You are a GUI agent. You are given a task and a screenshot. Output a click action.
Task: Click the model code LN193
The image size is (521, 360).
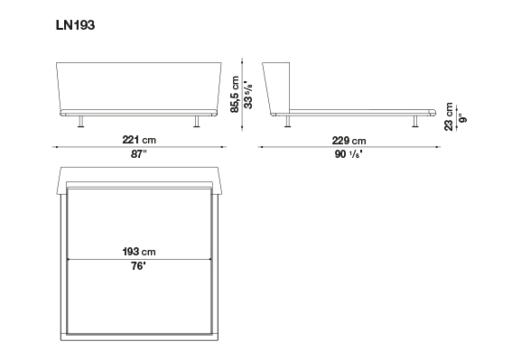pyautogui.click(x=76, y=25)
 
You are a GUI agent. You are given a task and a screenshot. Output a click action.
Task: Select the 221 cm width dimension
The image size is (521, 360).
pyautogui.click(x=139, y=140)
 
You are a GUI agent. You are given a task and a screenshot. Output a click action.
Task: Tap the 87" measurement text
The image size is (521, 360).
pyautogui.click(x=138, y=154)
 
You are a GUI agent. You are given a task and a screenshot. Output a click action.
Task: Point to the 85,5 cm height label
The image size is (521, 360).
pyautogui.click(x=235, y=95)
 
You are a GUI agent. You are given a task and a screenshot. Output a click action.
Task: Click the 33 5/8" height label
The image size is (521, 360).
pyautogui.click(x=248, y=95)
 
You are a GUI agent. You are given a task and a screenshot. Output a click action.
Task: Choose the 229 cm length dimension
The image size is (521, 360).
pyautogui.click(x=349, y=141)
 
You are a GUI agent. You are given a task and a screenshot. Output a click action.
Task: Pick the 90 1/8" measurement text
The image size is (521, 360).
pyautogui.click(x=349, y=154)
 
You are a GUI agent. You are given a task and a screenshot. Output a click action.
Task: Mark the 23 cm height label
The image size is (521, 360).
pyautogui.click(x=449, y=116)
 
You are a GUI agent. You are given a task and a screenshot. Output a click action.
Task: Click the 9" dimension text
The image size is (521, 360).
pyautogui.click(x=462, y=118)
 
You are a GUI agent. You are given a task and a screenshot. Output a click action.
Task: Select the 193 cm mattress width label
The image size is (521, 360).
pyautogui.click(x=139, y=252)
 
